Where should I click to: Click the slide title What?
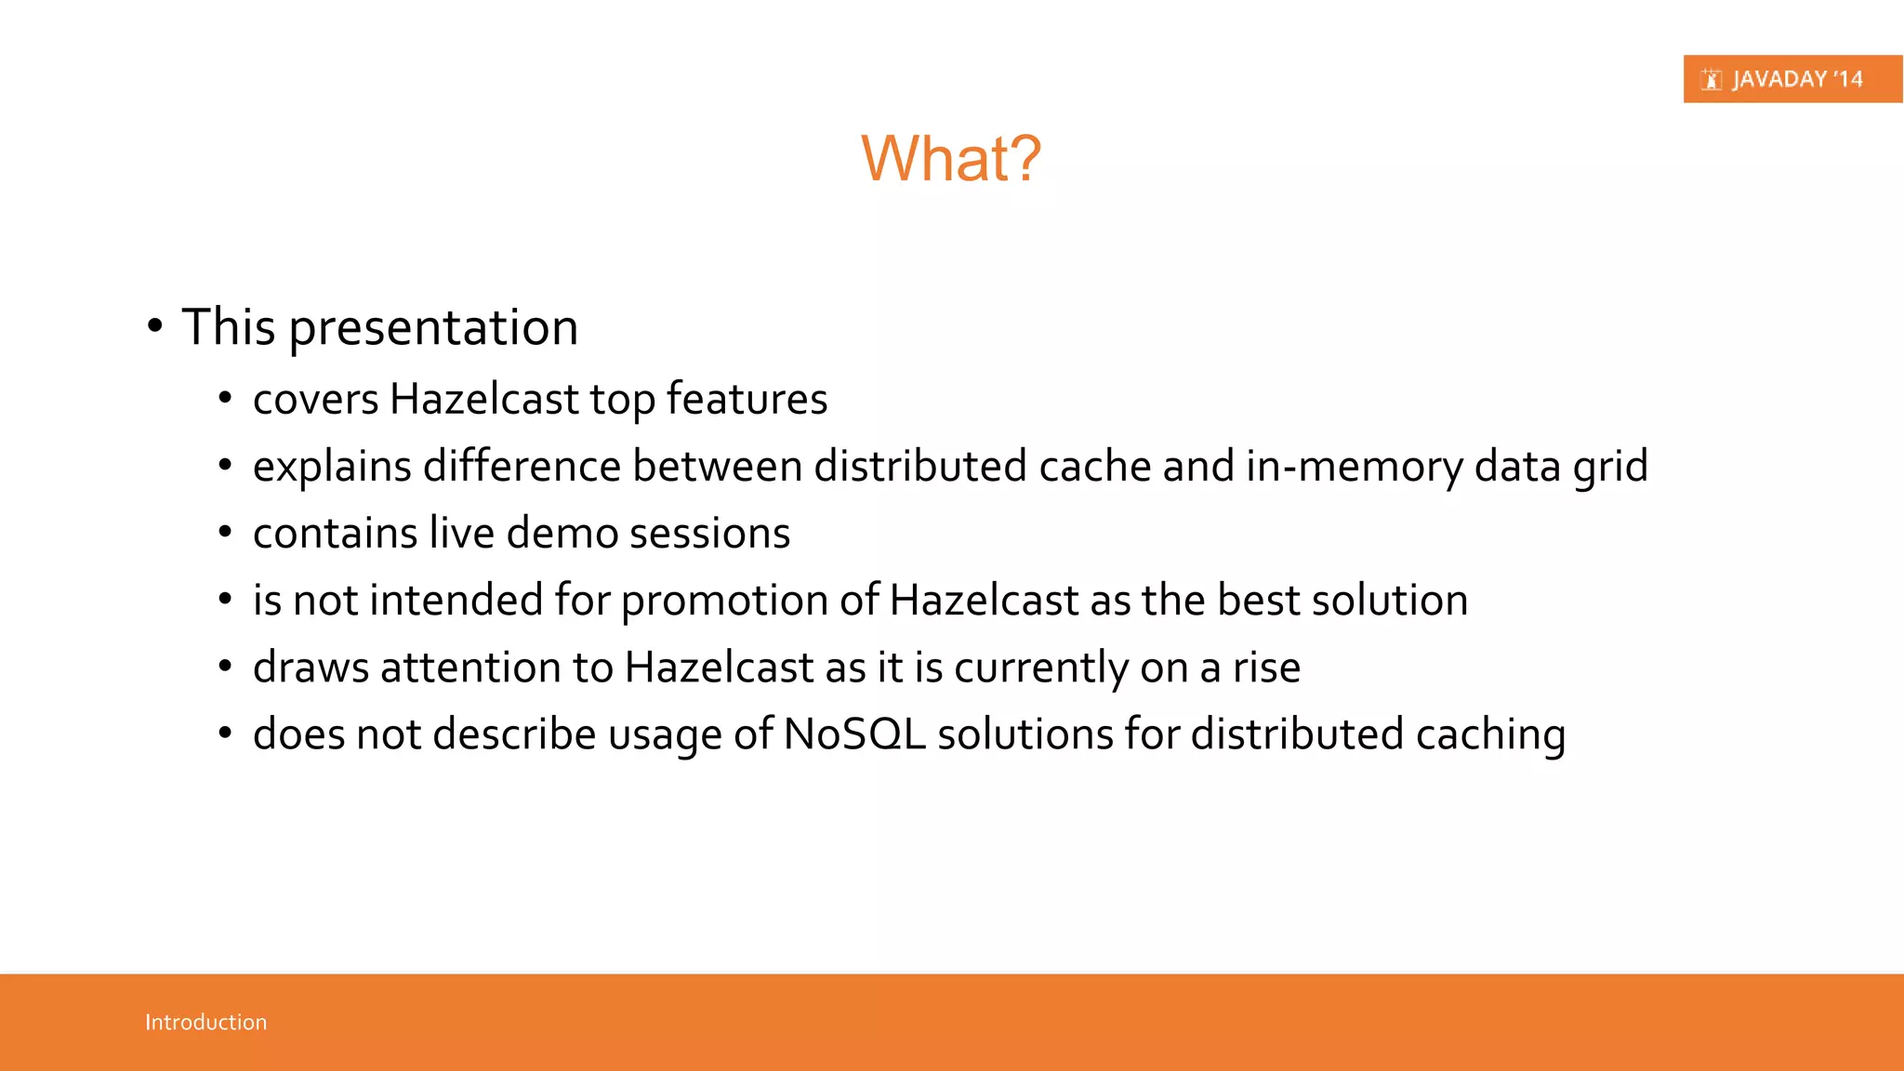coord(950,158)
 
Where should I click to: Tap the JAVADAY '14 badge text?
coord(1796,79)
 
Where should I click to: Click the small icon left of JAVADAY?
coord(1711,80)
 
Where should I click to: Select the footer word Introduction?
coord(205,1022)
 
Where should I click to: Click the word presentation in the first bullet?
coord(433,328)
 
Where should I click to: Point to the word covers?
coord(315,400)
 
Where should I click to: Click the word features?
coord(747,399)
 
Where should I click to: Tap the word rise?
coord(1266,668)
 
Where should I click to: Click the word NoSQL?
coord(854,734)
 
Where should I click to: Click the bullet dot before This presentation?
coord(154,326)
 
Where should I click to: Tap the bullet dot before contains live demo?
coord(224,533)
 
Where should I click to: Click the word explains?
coord(332,467)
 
